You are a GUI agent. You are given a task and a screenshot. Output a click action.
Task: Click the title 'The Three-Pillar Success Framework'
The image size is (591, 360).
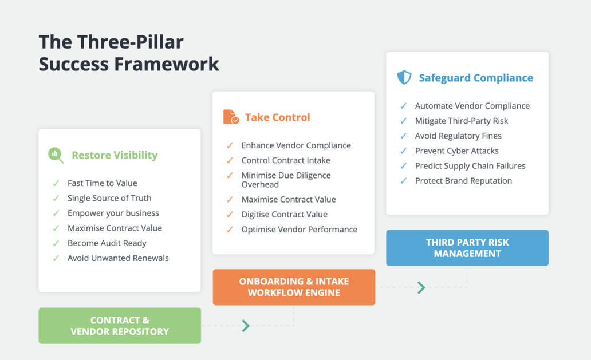pos(128,53)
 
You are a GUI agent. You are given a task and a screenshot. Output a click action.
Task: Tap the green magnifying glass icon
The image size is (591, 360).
pos(56,155)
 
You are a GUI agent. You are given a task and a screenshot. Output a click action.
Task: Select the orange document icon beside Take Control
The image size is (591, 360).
pos(231,117)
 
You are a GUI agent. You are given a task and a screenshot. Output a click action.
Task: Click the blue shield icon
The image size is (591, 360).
pos(404,77)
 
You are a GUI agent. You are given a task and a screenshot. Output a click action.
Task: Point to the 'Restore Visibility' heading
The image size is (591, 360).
pos(115,155)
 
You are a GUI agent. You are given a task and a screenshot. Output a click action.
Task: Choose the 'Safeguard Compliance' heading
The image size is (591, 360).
pos(475,78)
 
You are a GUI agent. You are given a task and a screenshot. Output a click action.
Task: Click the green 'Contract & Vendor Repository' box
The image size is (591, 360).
pos(120,326)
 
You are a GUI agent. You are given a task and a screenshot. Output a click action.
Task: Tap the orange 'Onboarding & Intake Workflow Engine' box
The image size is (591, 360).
pos(294,287)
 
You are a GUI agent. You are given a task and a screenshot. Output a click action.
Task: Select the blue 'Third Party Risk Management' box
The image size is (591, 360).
pos(467,248)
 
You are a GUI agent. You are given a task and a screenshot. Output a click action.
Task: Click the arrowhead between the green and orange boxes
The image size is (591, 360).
pos(246,326)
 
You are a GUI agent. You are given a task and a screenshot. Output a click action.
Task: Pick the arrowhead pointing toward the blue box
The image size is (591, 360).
pos(421,287)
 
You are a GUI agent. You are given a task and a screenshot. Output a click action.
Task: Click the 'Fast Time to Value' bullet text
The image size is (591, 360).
pos(102,183)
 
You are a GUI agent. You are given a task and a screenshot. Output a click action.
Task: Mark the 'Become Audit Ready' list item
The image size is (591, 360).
pos(107,243)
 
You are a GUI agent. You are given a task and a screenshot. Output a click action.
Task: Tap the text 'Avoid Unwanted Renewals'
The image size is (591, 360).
pos(118,258)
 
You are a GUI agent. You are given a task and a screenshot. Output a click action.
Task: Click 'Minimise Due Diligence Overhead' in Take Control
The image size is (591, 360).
pos(286,180)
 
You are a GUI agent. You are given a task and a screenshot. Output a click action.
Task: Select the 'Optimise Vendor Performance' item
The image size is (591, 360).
pos(299,229)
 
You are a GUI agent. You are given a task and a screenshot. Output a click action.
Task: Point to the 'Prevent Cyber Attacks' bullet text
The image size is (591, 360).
pos(456,151)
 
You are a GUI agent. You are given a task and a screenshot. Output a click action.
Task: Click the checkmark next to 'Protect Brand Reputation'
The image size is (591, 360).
pos(404,180)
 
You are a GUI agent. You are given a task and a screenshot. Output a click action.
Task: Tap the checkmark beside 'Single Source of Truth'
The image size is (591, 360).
pos(56,198)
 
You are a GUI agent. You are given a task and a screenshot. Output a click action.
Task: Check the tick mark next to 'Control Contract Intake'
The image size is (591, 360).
pos(230,160)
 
